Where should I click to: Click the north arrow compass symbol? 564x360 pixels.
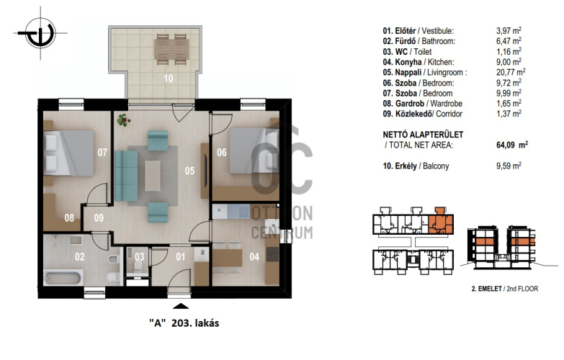[40, 33]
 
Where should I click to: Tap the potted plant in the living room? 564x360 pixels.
[123, 120]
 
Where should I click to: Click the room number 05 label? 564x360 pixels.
[189, 171]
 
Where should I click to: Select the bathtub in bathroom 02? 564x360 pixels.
[63, 278]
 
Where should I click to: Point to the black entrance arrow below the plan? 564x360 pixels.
[181, 306]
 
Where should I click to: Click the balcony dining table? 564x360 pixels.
[171, 49]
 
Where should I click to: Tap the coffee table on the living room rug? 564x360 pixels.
[153, 176]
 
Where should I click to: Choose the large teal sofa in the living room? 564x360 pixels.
[126, 176]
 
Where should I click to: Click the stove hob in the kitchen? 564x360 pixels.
[272, 254]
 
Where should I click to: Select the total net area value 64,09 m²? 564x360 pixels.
[512, 145]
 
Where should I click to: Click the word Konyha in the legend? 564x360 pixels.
[408, 62]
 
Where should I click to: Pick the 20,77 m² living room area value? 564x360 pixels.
[511, 72]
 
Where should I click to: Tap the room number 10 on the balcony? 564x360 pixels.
[169, 78]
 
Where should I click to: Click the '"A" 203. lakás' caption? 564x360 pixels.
[184, 323]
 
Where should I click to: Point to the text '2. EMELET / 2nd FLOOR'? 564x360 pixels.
[505, 289]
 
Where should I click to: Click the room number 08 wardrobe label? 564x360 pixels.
[69, 217]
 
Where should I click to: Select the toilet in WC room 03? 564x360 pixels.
[138, 266]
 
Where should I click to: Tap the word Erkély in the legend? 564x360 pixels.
[406, 166]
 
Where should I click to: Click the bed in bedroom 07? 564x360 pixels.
[68, 153]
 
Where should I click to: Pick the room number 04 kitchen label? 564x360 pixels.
[254, 257]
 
